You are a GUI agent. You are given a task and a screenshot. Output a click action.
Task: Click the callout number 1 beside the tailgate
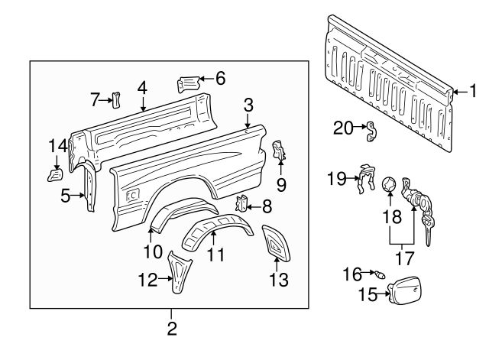[x=471, y=92]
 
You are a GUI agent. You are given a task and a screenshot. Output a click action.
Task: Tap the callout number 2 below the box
[x=172, y=329]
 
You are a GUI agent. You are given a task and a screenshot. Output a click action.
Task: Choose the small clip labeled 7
[x=117, y=99]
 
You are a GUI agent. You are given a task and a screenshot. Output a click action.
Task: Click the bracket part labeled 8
[x=244, y=204]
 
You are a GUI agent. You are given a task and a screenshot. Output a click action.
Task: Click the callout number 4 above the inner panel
[x=141, y=87]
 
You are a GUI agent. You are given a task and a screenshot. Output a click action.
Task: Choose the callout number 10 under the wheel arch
[x=152, y=251]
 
